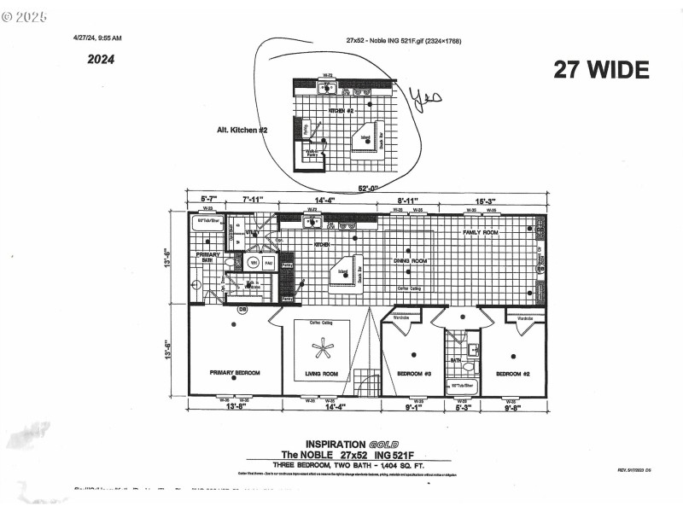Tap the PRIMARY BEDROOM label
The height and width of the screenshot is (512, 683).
(x=235, y=374)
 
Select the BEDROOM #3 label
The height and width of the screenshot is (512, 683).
(x=413, y=374)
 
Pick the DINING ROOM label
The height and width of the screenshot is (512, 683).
(x=410, y=260)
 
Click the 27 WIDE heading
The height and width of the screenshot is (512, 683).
(x=601, y=70)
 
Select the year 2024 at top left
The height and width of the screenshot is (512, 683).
(x=101, y=60)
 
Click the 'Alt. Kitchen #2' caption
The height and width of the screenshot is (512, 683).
(x=242, y=130)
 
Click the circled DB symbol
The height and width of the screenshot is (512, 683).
(x=242, y=309)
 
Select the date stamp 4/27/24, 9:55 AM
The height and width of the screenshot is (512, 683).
(x=97, y=38)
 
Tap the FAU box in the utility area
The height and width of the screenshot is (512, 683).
(x=268, y=263)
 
